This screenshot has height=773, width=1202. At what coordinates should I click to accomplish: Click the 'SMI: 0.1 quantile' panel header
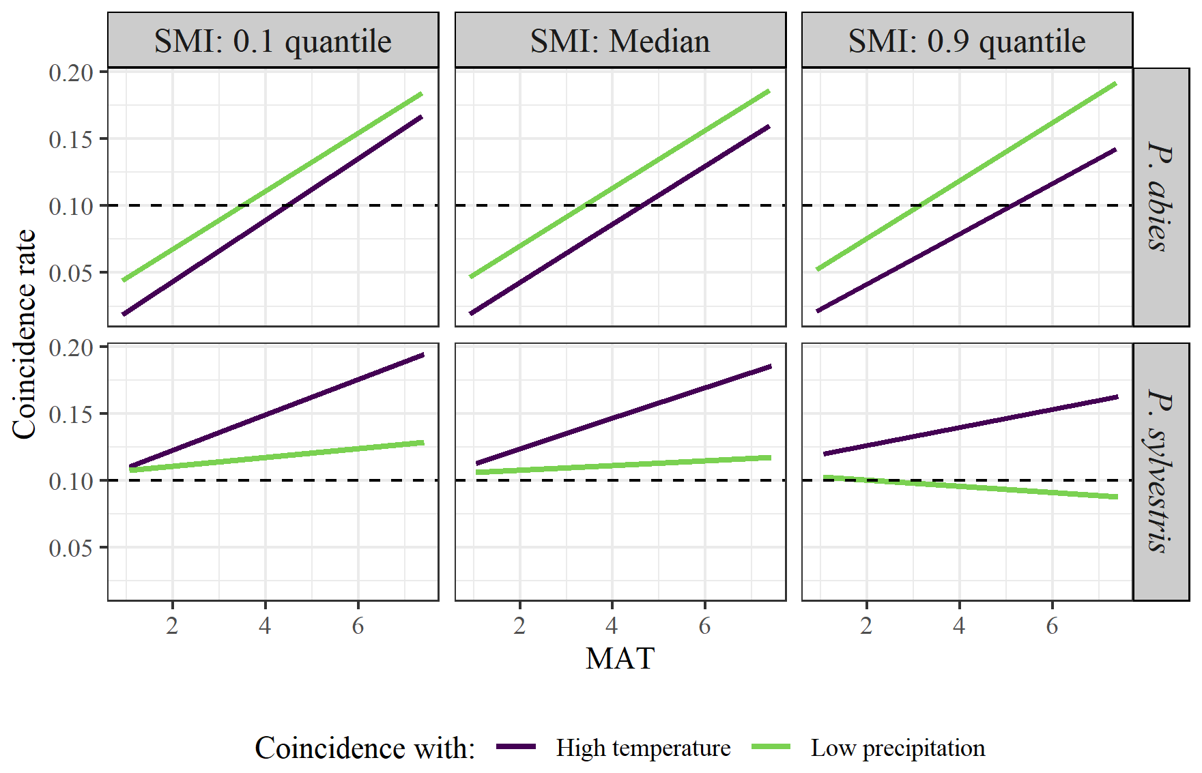pos(272,41)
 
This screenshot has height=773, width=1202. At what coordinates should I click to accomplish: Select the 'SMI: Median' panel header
pos(620,41)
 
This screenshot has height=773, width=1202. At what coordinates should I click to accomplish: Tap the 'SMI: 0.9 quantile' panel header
pos(967,41)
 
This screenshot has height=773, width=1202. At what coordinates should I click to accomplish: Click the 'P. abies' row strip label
pos(1160,196)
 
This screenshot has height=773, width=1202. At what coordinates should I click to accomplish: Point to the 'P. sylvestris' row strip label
pos(1160,471)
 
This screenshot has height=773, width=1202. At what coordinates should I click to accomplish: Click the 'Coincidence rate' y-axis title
pos(25,334)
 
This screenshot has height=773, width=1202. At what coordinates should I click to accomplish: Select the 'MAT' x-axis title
pos(620,659)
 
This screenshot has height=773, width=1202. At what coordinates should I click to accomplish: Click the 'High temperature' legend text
pos(643,748)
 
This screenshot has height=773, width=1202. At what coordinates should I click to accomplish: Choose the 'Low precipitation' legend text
pos(898,748)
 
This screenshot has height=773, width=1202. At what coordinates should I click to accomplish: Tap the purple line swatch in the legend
pos(516,747)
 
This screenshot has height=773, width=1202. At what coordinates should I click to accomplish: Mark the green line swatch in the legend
pos(771,747)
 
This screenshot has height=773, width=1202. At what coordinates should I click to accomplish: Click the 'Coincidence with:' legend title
pos(364,748)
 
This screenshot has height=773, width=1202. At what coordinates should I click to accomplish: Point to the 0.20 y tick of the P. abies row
pos(71,72)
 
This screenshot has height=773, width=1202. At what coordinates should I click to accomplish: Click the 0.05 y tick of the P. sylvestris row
pos(71,548)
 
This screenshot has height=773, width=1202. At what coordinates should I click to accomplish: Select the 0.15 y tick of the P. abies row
pos(71,139)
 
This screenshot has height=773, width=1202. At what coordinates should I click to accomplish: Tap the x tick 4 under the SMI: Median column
pos(612,626)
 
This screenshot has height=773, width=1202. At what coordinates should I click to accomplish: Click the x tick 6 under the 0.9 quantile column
pos(1052,626)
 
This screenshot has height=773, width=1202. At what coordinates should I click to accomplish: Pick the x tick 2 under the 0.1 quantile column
pos(172,626)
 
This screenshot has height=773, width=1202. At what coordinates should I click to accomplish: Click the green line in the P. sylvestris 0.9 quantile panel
pos(969,486)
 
